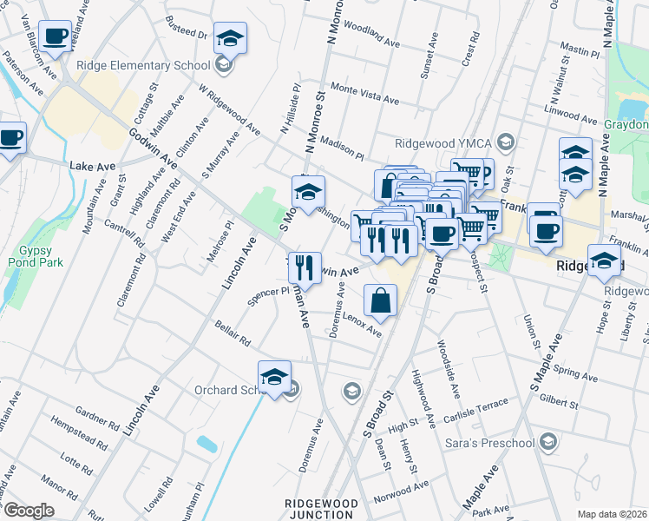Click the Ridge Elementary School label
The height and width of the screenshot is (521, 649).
(143, 65)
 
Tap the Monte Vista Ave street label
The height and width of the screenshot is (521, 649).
(364, 95)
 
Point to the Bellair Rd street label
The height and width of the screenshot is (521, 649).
(233, 331)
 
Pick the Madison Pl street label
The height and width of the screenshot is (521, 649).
(341, 148)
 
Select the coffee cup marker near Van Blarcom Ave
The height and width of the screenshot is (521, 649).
(56, 36)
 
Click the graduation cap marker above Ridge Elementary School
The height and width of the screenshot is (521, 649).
(230, 38)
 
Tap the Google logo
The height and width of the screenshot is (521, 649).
(29, 510)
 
